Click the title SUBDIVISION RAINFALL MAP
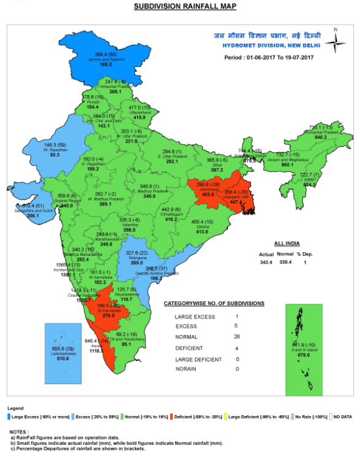point(185,7)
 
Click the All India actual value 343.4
point(266,262)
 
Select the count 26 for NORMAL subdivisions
point(236,336)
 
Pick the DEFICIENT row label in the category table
point(189,347)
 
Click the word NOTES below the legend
point(18,431)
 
